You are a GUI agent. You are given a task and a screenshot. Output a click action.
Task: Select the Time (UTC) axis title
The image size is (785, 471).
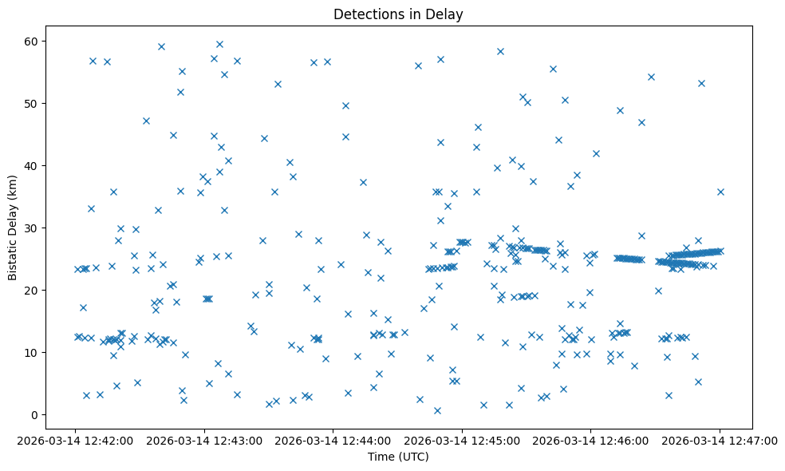click(398, 457)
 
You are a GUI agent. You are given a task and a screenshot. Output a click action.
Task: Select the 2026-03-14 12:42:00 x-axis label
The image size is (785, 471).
click(75, 440)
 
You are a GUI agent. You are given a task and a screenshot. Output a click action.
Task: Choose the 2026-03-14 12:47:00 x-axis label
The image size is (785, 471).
click(719, 440)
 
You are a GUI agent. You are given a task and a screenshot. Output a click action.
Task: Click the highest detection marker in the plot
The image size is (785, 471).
click(219, 44)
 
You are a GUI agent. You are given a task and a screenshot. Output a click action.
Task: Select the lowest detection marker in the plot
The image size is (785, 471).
click(437, 410)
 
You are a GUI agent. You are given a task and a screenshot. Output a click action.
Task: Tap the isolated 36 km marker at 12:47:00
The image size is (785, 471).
click(720, 192)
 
